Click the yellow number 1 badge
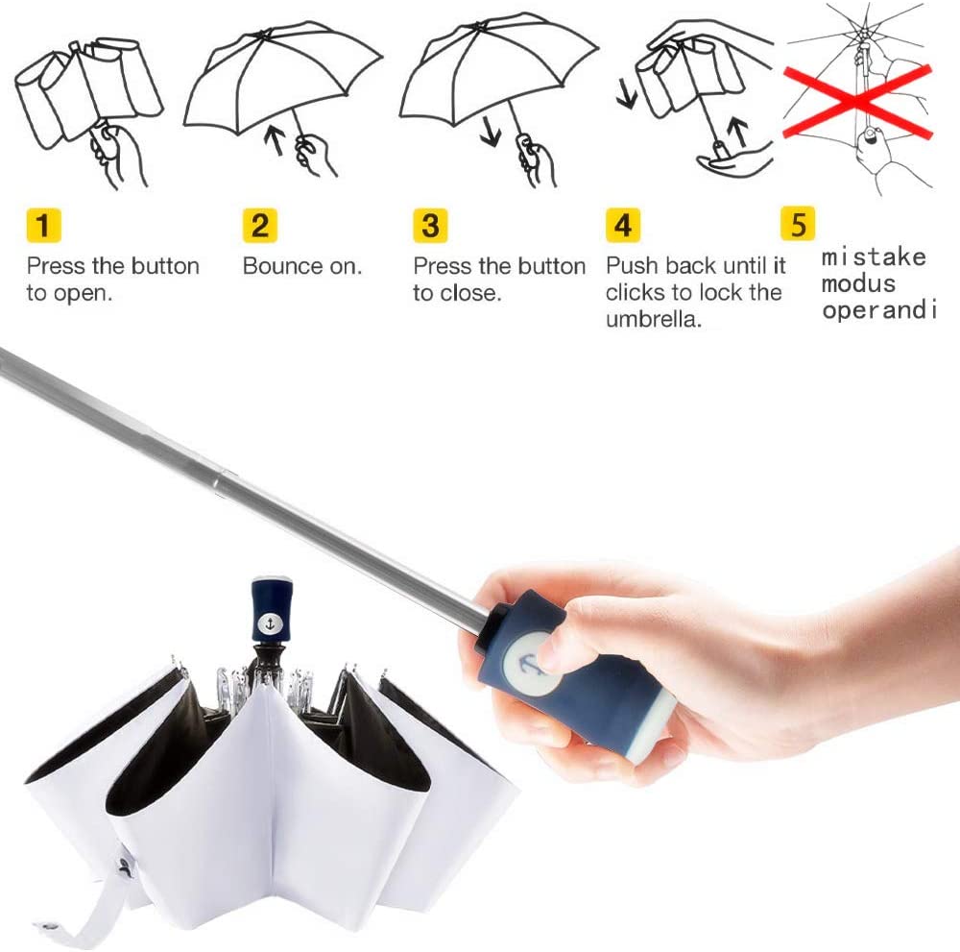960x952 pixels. click(43, 226)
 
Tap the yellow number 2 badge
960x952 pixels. click(260, 226)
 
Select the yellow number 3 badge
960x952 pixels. click(430, 226)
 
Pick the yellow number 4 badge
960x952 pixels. click(623, 226)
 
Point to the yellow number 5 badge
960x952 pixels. click(798, 224)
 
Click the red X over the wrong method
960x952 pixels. click(857, 101)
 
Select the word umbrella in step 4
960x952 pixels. click(653, 319)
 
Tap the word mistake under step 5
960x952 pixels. click(874, 257)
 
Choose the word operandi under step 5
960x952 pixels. click(879, 310)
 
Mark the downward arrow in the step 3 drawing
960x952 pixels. click(491, 131)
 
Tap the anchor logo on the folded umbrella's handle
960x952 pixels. click(270, 623)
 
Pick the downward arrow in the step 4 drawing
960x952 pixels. click(626, 95)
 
